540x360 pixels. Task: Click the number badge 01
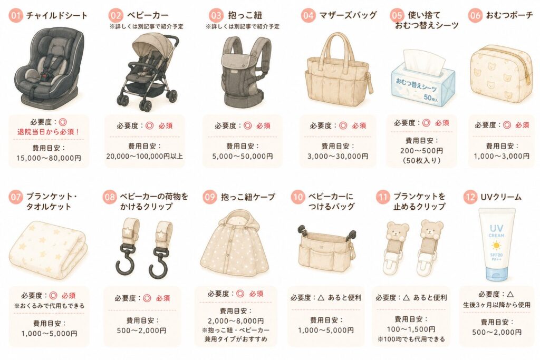[15, 15]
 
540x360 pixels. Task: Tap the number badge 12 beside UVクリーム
[470, 197]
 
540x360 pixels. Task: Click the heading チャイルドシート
[57, 15]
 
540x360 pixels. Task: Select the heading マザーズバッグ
[348, 15]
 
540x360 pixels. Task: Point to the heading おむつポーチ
[509, 15]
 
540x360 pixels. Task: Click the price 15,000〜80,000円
[49, 158]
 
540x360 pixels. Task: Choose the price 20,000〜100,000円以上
[144, 156]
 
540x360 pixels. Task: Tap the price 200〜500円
[421, 151]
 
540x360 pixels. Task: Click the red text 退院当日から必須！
[49, 132]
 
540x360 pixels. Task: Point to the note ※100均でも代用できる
[411, 339]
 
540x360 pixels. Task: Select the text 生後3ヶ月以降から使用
[497, 305]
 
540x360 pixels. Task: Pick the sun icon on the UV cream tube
[496, 246]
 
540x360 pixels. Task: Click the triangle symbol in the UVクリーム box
[510, 294]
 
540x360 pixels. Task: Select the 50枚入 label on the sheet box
[431, 98]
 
